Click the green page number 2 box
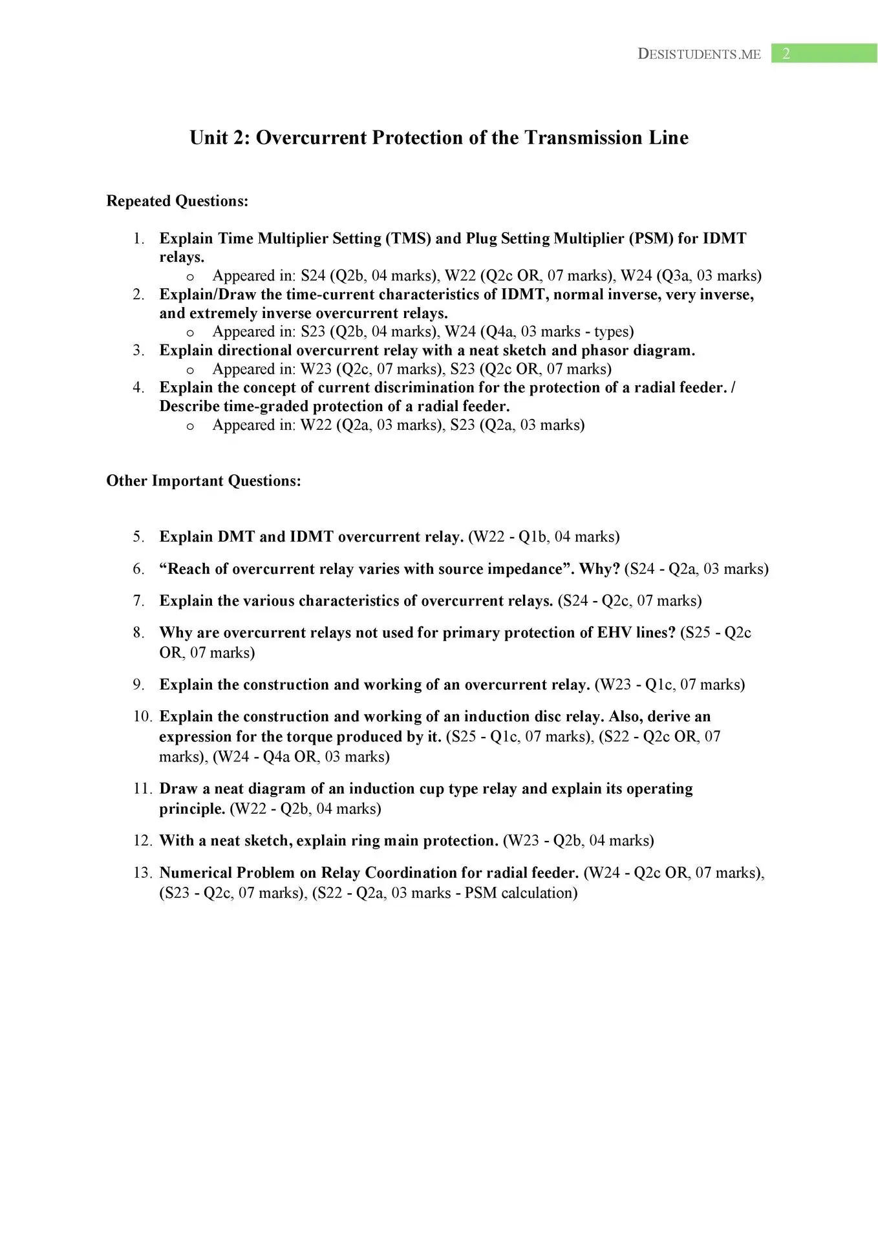(824, 54)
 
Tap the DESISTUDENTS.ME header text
(699, 54)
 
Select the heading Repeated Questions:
(177, 201)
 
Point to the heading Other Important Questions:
(204, 481)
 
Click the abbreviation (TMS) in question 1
(408, 239)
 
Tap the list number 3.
(138, 350)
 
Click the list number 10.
(142, 716)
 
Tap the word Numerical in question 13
(195, 873)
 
